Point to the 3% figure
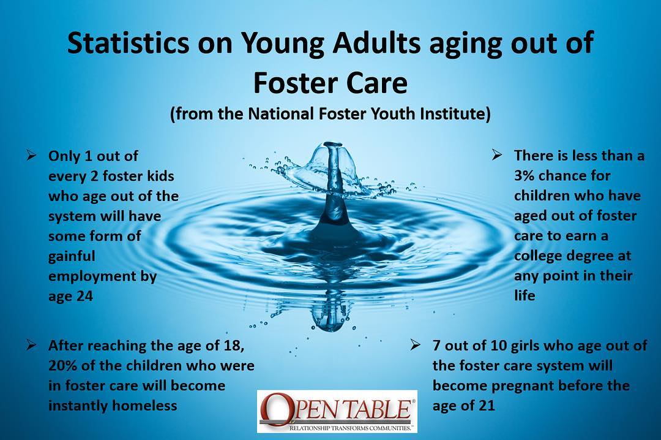coord(523,175)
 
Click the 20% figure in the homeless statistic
coord(62,365)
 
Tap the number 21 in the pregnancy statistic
coord(487,405)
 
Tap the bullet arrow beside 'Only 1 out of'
coord(31,155)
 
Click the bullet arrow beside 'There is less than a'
coord(497,155)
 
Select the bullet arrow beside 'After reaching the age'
coord(31,345)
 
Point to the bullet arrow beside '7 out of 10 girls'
coord(415,345)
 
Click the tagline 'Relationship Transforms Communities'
coord(350,428)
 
